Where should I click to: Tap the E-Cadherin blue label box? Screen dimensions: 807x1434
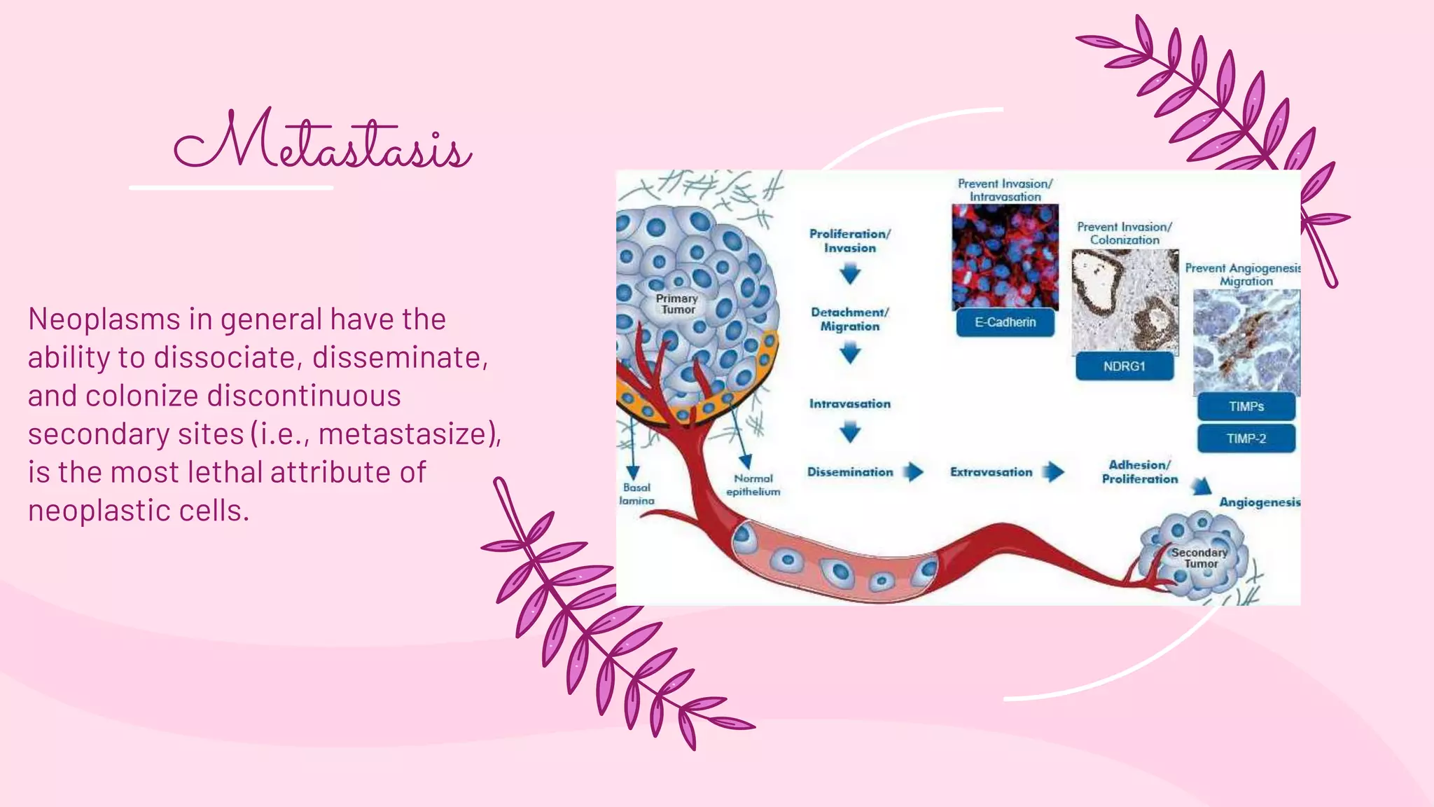[x=1005, y=322]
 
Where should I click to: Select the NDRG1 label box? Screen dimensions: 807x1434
[x=1124, y=366]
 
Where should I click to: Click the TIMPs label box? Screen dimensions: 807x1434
[x=1246, y=406]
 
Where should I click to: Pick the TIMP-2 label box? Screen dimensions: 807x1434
[x=1246, y=439]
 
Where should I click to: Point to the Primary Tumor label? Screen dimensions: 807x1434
[x=677, y=304]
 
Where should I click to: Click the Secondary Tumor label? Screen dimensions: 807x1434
[x=1200, y=558]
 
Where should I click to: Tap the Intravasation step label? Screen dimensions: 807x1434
[x=850, y=403]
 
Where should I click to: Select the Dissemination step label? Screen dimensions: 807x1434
[x=850, y=472]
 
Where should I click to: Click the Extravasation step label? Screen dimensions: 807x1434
[x=991, y=472]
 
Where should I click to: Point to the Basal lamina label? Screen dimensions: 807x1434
[x=636, y=494]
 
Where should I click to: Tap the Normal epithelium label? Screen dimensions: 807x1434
[x=753, y=485]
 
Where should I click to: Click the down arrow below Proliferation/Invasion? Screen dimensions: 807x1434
[x=850, y=274]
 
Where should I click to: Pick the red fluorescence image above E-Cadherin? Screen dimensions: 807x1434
[x=1005, y=256]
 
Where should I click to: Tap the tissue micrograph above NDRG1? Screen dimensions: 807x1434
[x=1125, y=301]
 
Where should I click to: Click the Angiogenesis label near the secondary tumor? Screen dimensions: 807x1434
[x=1259, y=502]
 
